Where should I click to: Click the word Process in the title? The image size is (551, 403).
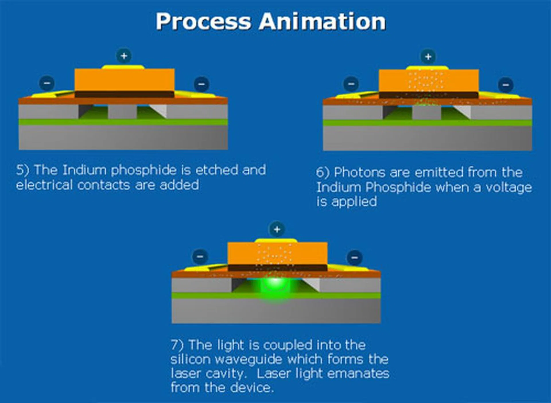(203, 22)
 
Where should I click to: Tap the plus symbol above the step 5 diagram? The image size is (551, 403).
(124, 56)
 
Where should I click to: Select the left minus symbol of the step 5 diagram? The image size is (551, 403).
(47, 83)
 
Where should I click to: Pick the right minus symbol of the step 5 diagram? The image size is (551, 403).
(201, 84)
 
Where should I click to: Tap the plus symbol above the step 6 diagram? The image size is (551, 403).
(428, 57)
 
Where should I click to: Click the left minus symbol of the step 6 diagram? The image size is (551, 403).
(351, 84)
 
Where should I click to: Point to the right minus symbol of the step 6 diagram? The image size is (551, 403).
(506, 85)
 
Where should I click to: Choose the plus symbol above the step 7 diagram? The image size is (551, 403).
(277, 229)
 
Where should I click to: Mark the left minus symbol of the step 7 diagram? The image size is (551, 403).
(200, 256)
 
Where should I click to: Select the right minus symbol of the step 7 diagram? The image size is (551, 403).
(355, 257)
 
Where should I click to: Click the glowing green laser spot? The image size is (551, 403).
(275, 284)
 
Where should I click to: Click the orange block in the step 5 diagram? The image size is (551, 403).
(124, 80)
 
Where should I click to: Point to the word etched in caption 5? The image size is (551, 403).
(217, 170)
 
